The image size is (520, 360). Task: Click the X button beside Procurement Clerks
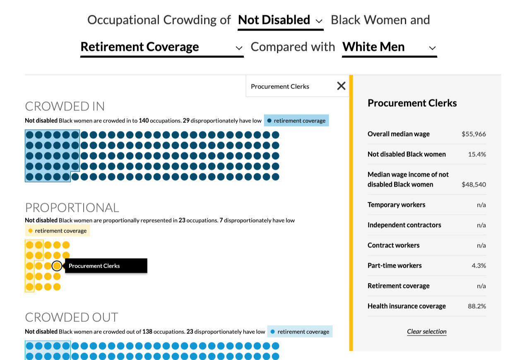pos(341,86)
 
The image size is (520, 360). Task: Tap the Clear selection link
pos(426,331)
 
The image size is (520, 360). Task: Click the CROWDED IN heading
pos(65,106)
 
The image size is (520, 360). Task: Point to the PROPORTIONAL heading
pos(72,208)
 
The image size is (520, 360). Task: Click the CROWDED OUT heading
pos(72,317)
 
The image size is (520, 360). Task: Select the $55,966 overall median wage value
pos(474,134)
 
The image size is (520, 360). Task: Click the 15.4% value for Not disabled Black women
pos(477,154)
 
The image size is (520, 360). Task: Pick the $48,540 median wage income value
pos(474,185)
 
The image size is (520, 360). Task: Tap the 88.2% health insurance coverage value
pos(477,306)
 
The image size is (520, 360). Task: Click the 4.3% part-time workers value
pos(479,266)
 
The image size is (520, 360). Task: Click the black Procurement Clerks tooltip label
pos(106,266)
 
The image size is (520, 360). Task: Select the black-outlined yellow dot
pos(57,266)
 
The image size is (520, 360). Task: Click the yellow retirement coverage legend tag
pos(57,231)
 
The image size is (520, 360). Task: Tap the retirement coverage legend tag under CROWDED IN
pos(296,120)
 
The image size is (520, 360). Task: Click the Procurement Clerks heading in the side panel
pos(412,103)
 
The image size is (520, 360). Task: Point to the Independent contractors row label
pos(404,225)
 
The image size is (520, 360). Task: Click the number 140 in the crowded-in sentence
pos(144,120)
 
